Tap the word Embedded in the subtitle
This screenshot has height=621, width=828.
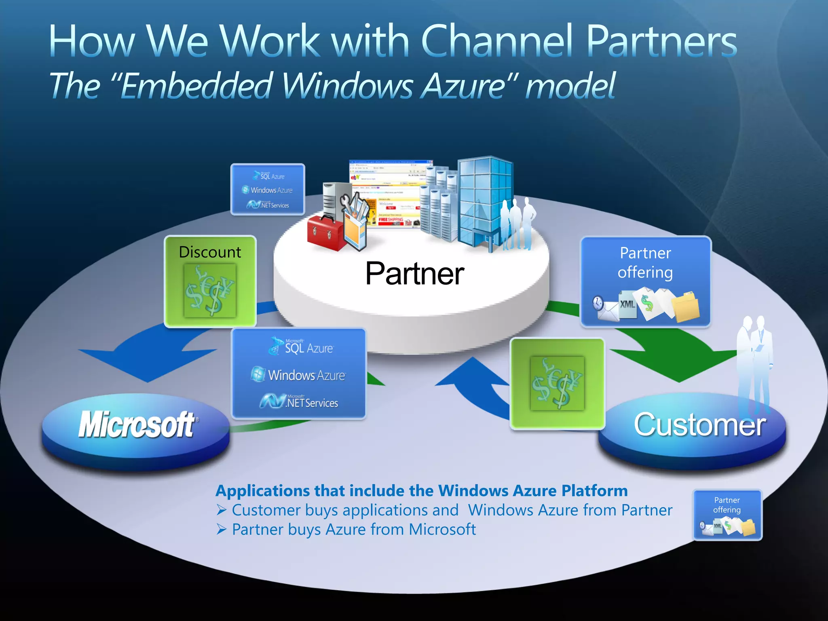[x=195, y=86]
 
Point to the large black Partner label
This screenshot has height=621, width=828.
[x=414, y=274]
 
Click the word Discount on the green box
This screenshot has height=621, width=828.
[x=210, y=252]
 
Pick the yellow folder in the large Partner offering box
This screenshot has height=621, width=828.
[x=686, y=307]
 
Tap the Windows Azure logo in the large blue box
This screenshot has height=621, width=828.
[x=298, y=375]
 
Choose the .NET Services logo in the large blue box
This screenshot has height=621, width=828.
[x=299, y=401]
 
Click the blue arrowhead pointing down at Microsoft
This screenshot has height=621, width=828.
[x=148, y=364]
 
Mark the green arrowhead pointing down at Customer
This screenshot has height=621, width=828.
[x=679, y=364]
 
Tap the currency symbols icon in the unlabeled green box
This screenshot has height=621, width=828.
[x=557, y=383]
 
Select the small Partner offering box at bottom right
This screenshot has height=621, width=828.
[x=727, y=515]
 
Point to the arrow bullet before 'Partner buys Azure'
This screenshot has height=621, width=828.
[x=221, y=529]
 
